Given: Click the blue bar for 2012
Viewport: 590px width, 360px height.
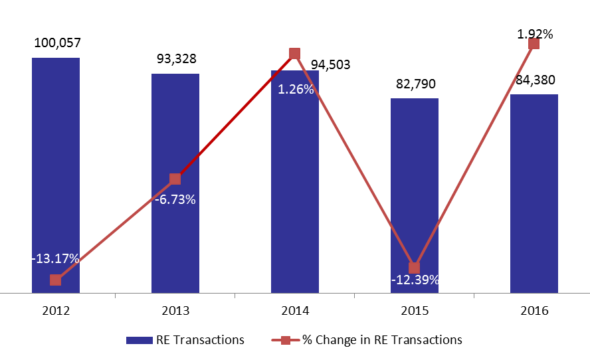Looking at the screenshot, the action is point(56,175).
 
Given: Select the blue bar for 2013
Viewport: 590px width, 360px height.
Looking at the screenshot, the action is point(175,183).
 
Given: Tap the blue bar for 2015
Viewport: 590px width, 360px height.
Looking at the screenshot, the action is point(415,196).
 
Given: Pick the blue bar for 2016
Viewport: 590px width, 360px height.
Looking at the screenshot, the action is point(534,194).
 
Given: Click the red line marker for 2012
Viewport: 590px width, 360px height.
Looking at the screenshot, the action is point(56,280).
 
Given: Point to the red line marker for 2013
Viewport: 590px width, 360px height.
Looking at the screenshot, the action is point(175,179).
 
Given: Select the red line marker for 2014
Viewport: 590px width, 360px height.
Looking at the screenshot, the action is point(294,53).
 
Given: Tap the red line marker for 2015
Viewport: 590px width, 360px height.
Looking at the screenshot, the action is point(415,268).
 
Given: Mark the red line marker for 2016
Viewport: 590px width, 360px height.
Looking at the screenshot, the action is point(534,44).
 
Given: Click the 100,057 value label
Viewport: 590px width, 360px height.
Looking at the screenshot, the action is point(58,43).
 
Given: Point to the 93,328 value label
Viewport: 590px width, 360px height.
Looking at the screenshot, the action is point(177,58).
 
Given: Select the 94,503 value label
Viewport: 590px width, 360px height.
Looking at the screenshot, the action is point(330,64).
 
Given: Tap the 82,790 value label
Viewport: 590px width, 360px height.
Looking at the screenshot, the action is point(416,84).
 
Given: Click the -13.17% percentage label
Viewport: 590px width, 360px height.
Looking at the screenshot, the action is point(55,258).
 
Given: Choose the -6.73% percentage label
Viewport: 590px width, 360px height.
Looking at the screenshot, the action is point(175,199).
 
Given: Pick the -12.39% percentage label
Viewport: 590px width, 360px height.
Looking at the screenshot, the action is point(415,280).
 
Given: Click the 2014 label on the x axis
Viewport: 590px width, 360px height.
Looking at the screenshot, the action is point(295,311).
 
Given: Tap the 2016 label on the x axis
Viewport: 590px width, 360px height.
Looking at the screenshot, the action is point(534,311).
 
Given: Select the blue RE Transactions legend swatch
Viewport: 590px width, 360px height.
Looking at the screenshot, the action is point(140,340).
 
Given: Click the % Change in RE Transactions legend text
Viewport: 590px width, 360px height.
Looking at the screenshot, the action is point(382,339).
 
